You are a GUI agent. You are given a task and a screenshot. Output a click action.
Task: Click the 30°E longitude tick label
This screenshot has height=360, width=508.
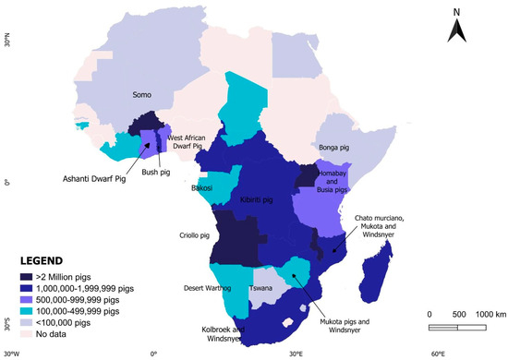click(x=296, y=354)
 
